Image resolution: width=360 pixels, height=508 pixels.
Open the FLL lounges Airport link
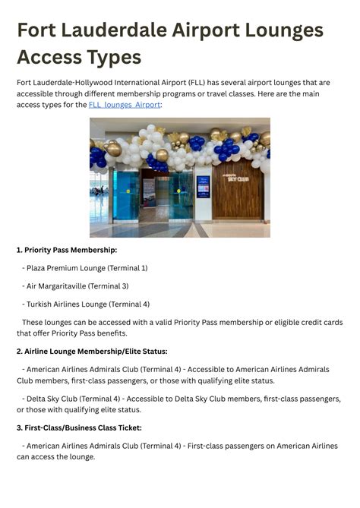[125, 105]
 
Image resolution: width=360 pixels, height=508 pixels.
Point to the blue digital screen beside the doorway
[203, 187]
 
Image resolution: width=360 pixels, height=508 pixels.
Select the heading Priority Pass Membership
[67, 249]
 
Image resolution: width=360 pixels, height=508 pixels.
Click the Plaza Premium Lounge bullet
[86, 267]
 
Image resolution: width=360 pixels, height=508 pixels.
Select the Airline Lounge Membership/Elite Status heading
[92, 351]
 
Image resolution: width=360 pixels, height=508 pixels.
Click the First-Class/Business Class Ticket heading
[79, 428]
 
